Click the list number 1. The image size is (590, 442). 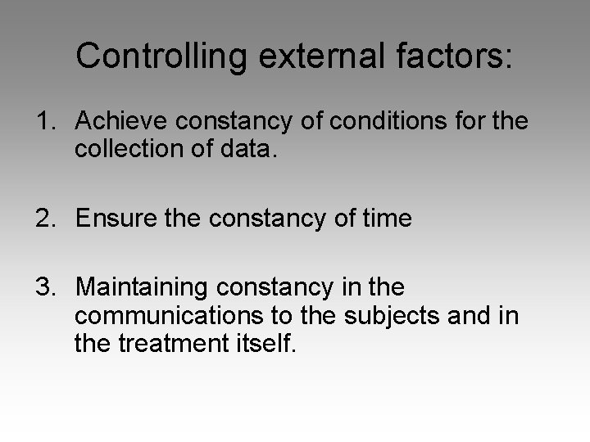pyautogui.click(x=43, y=121)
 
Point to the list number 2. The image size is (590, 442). pyautogui.click(x=43, y=219)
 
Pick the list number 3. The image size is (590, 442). pyautogui.click(x=43, y=287)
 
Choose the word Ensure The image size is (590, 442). pyautogui.click(x=112, y=219)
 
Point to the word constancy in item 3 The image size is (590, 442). pyautogui.click(x=275, y=288)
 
